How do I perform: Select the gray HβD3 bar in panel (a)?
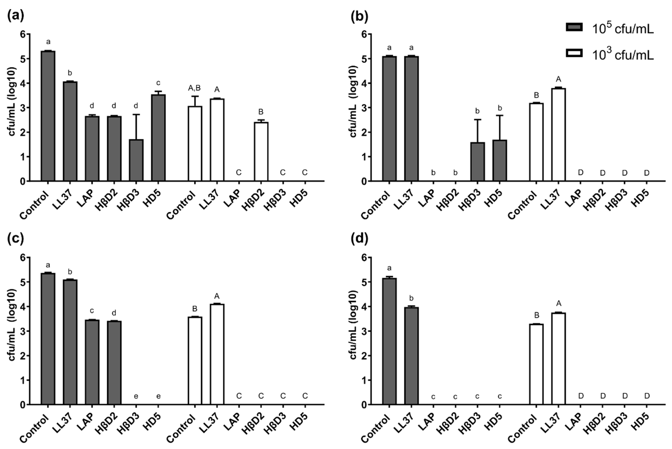(x=136, y=160)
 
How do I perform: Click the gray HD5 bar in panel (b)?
(x=499, y=160)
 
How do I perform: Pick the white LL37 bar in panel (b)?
(x=558, y=135)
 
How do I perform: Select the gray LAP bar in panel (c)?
(x=92, y=362)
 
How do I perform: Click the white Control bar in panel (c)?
(x=195, y=361)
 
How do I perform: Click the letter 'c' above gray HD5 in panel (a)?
(x=158, y=83)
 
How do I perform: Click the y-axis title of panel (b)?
(x=354, y=102)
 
